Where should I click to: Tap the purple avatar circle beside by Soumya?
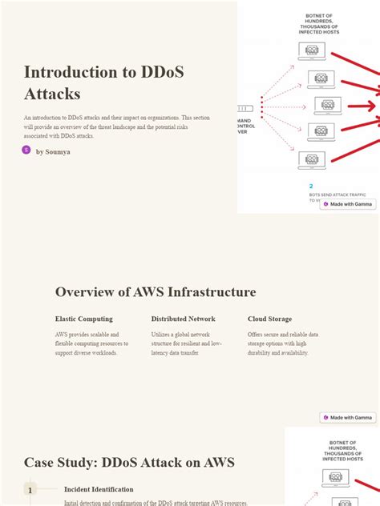[26, 150]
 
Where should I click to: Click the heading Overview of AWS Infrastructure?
[156, 292]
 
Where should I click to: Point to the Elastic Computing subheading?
[84, 319]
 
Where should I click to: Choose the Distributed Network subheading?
[183, 319]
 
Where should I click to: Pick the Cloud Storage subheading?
[269, 319]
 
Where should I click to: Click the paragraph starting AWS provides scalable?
[91, 343]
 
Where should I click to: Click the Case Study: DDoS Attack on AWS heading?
[129, 462]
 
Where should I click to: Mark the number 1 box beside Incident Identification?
[30, 490]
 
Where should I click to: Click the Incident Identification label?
[99, 489]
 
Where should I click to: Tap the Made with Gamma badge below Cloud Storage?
[347, 417]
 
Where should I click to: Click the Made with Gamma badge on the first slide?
[347, 204]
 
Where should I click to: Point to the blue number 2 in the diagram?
[311, 186]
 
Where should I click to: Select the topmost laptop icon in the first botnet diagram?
[312, 51]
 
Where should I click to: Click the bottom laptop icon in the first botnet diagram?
[312, 159]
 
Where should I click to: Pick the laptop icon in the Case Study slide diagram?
[336, 478]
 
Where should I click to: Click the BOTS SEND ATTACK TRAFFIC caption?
[340, 195]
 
